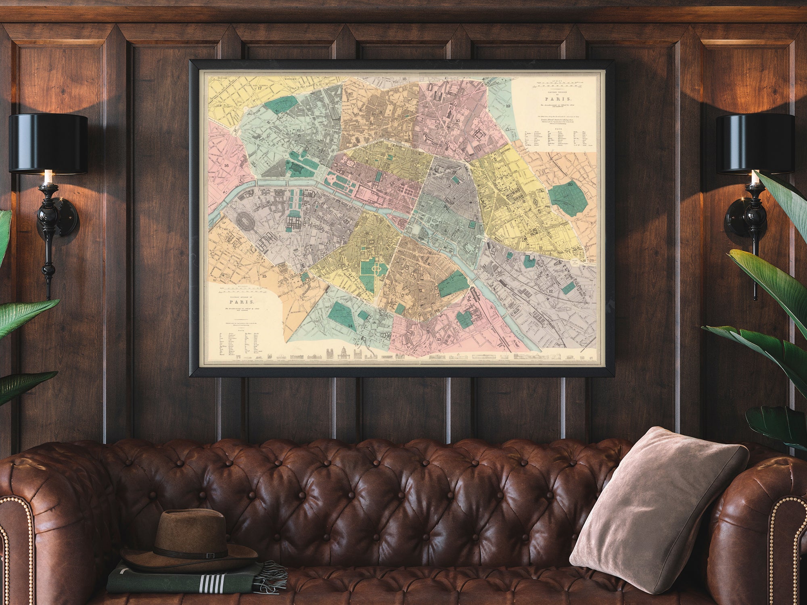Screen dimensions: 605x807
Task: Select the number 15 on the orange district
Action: click(264, 276)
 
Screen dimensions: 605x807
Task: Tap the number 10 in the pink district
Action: click(458, 120)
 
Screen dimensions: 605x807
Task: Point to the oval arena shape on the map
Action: click(245, 220)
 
